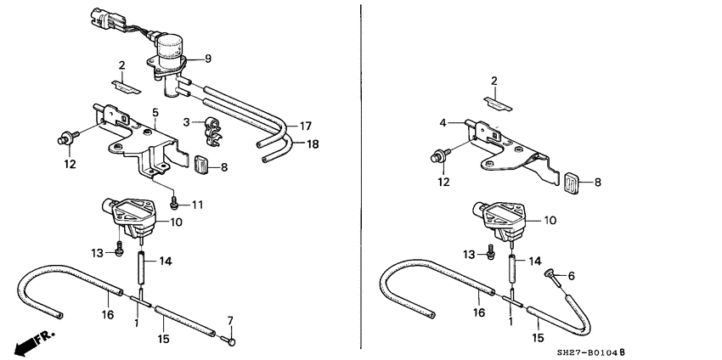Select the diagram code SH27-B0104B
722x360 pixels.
click(591, 353)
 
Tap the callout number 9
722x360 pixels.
click(208, 59)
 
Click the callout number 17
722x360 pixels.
click(306, 126)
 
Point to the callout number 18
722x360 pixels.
click(313, 144)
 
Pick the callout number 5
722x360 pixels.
click(155, 112)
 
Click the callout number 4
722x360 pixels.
click(443, 123)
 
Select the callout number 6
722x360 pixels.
click(571, 276)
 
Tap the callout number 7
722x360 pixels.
click(231, 321)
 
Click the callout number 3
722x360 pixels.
click(186, 122)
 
